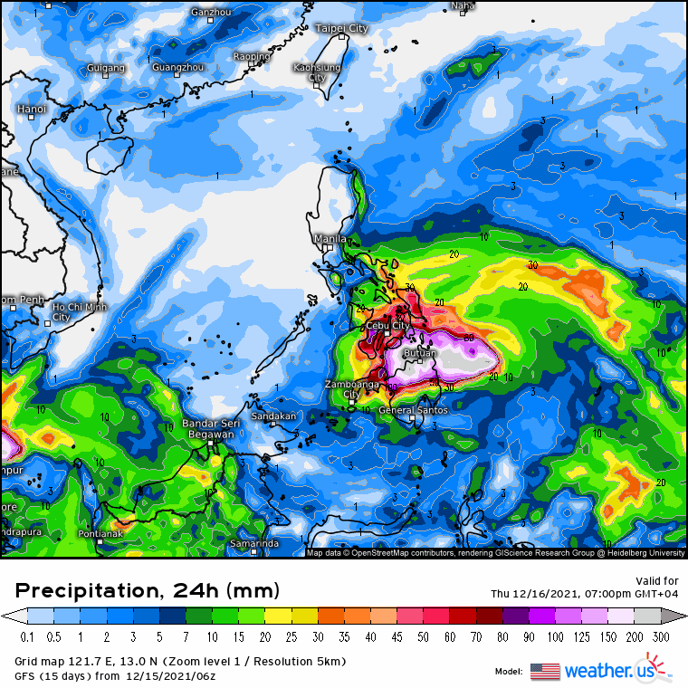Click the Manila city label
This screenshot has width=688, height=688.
328,238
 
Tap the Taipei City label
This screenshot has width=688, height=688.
341,28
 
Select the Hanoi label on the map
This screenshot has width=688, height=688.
31,109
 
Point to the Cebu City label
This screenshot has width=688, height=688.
387,325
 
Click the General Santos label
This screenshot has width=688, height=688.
413,411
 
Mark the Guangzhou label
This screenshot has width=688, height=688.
177,67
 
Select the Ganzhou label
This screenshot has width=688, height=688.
212,12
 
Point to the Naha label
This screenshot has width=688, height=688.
462,5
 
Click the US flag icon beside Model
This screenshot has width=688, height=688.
545,671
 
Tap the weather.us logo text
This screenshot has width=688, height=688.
610,671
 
